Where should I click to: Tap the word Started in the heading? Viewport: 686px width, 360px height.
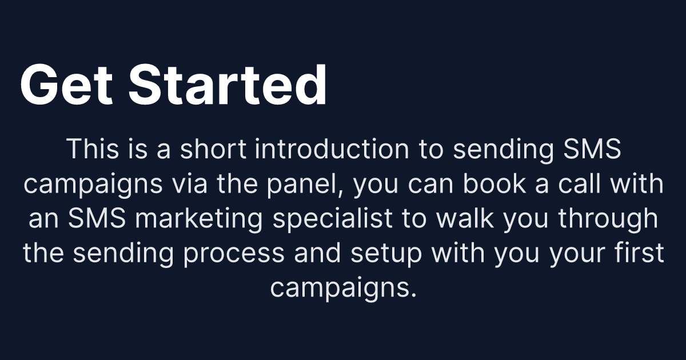click(x=228, y=85)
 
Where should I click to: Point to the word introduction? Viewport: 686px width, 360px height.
click(x=332, y=150)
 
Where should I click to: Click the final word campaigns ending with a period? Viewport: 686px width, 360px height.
click(x=342, y=287)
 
